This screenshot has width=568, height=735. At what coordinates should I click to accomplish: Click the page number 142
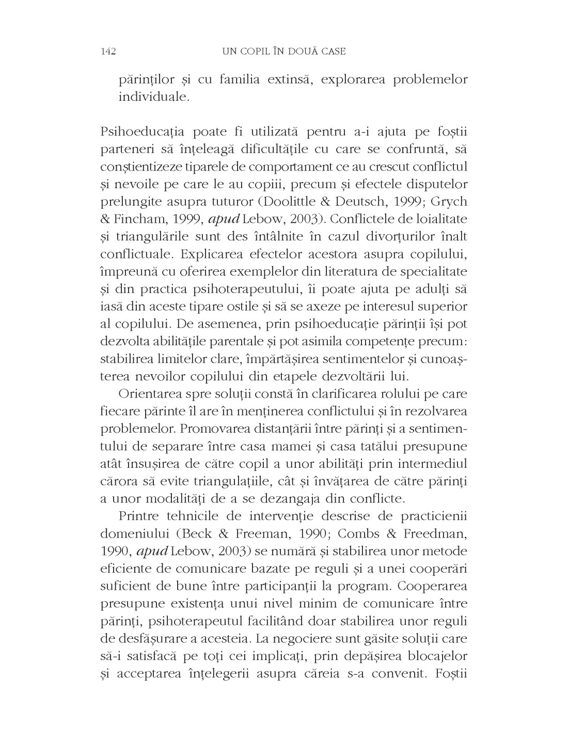point(108,51)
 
